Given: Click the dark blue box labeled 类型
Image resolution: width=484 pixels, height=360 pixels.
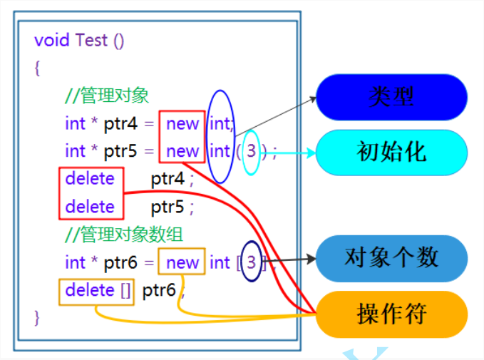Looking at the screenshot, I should (391, 97).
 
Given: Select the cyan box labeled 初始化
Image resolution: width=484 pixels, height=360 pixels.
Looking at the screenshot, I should (391, 152).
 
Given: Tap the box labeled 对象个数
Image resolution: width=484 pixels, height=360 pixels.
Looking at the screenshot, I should (391, 257).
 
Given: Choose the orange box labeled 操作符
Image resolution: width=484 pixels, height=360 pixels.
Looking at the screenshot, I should (391, 314).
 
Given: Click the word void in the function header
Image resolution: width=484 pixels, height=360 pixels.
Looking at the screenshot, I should (52, 40).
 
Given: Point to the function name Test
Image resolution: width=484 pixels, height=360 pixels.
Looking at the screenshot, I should (91, 40).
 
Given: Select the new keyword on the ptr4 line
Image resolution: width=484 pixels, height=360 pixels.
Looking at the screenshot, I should (182, 124).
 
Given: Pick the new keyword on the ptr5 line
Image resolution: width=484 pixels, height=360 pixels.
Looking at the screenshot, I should (182, 151).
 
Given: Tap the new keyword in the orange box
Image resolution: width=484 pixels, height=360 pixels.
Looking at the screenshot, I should (182, 262).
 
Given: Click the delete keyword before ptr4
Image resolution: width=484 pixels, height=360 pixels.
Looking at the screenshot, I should (90, 179).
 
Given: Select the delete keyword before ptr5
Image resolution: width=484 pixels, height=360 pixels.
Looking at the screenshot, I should (90, 207).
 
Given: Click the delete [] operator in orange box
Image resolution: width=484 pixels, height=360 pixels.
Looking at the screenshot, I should (96, 290).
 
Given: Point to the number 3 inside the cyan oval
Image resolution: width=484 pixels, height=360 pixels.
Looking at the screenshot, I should (252, 151).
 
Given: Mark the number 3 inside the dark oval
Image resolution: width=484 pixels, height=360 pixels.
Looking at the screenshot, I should (251, 262).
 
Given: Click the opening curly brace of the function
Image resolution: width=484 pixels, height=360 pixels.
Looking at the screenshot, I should (38, 68).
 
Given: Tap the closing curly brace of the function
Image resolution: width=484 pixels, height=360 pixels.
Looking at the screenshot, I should (38, 315).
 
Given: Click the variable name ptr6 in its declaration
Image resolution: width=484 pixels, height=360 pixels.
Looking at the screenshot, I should (120, 262).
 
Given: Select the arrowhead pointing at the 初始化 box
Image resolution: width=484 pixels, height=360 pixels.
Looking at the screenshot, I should (311, 152).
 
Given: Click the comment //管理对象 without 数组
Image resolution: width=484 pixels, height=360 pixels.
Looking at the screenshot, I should (107, 96).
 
